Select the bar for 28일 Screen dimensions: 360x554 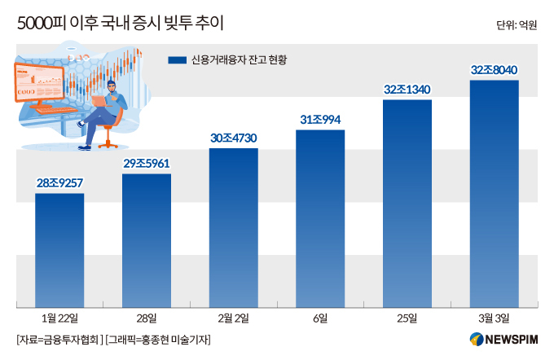click(147, 239)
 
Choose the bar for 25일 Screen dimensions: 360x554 click(407, 203)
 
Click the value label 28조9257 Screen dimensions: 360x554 click(59, 183)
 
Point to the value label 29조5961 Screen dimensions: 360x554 click(147, 164)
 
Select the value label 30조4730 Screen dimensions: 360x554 click(233, 138)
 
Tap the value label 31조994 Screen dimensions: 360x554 click(320, 120)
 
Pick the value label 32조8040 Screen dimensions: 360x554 click(495, 70)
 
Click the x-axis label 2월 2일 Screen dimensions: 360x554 click(233, 317)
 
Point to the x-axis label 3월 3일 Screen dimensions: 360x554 click(495, 317)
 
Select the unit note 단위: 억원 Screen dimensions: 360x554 click(516, 25)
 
